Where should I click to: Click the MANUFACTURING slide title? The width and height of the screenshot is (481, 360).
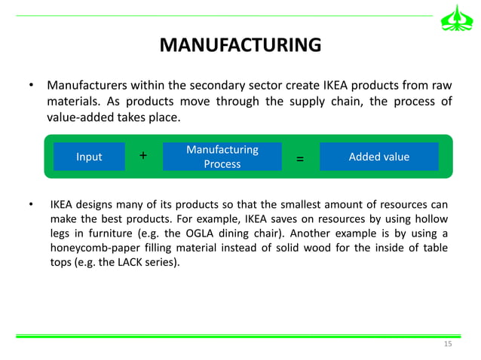(240, 47)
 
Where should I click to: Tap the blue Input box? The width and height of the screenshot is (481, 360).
(89, 157)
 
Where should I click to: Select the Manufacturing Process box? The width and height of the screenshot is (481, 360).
(222, 157)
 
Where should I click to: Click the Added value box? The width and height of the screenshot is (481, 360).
(378, 157)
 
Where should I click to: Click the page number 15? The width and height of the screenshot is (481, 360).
(448, 344)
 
